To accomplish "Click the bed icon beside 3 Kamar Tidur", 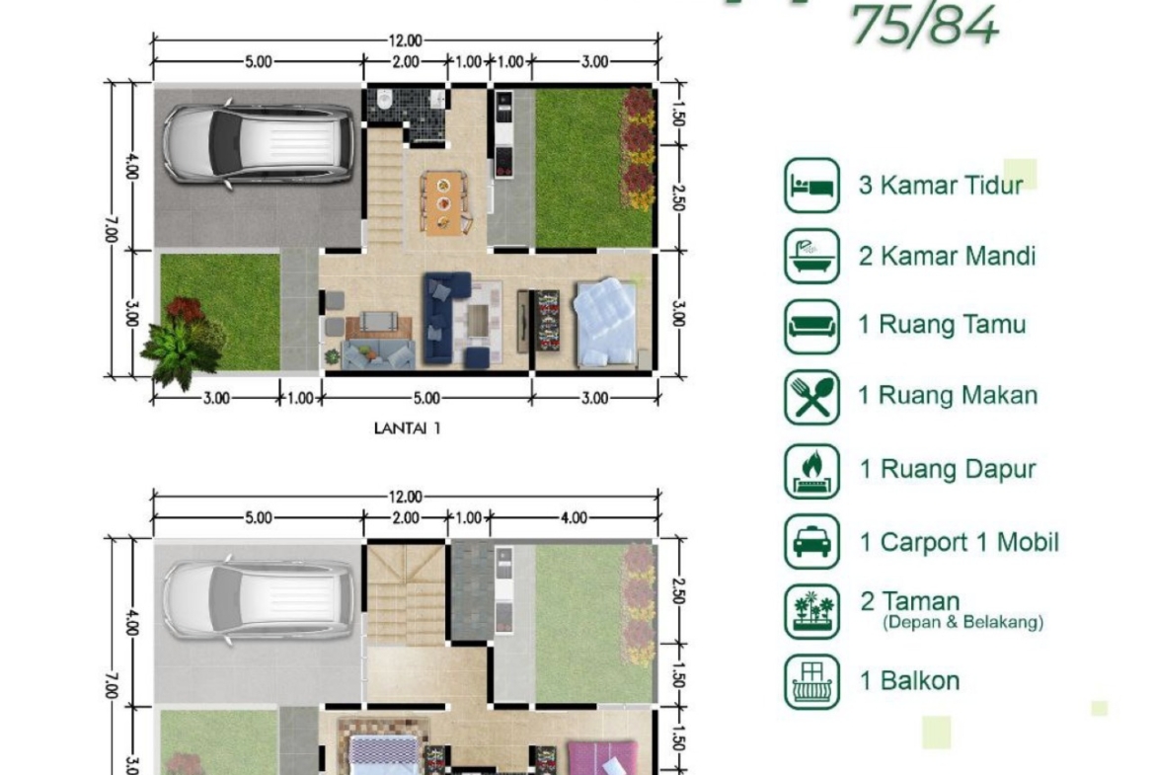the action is (811, 185).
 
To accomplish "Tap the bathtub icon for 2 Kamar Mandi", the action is (811, 256).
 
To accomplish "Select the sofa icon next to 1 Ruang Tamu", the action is (811, 327).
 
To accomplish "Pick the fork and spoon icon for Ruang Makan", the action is (811, 397).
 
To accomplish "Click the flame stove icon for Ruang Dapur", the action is (811, 471).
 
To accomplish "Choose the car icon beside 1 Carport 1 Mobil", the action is (811, 541).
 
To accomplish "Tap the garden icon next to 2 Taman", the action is (811, 611).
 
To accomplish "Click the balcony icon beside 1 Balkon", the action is (811, 681).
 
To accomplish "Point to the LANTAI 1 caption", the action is (407, 428).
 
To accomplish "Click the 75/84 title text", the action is (925, 26).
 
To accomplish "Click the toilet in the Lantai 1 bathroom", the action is (384, 99).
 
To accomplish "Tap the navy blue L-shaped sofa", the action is (447, 318).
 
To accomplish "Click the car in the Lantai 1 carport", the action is (257, 144).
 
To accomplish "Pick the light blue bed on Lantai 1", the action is (605, 322).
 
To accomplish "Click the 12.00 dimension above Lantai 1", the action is (405, 41).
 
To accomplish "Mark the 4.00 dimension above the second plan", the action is (574, 518).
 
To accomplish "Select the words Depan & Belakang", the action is (963, 623).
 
